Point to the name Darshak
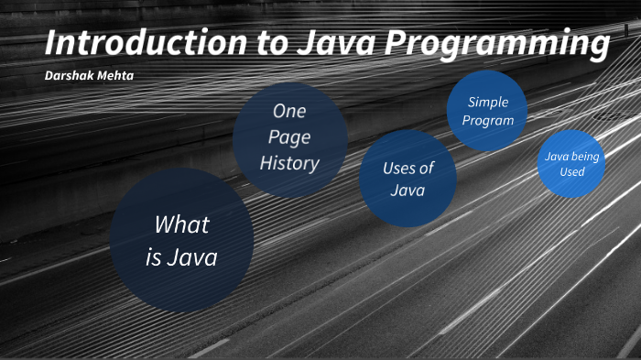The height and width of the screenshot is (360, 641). pos(69,74)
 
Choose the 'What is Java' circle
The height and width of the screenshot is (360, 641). pos(181,241)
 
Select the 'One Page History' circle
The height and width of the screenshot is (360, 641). pos(289,137)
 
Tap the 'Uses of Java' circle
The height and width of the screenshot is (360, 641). pos(408,179)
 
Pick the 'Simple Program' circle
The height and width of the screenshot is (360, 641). pos(487,111)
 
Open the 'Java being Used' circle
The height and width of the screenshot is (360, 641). pos(572,163)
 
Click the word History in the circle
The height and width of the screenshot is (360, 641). pos(289,164)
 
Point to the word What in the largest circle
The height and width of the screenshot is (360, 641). pos(181,224)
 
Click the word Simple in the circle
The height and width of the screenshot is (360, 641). pos(487,102)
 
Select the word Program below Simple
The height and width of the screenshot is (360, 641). pos(487,120)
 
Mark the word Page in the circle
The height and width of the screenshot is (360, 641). pos(289,137)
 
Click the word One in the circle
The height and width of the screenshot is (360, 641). pos(289,111)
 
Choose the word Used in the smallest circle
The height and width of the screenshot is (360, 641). pos(572,171)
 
